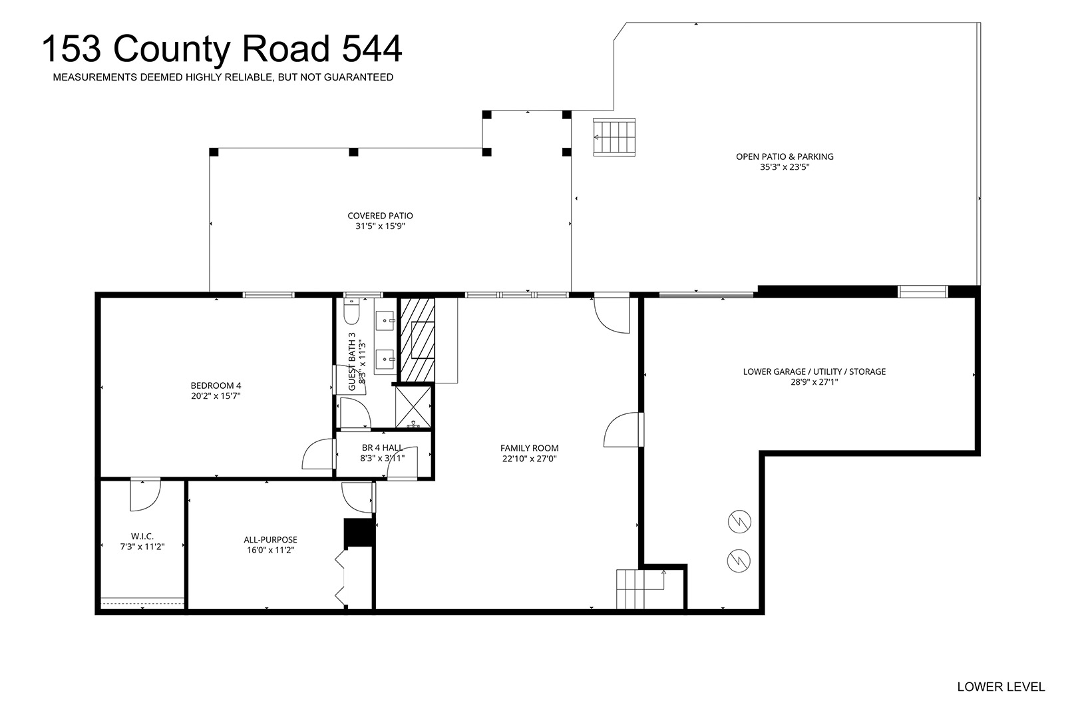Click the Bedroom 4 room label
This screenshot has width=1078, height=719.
click(216, 385)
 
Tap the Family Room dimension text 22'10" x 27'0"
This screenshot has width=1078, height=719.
click(530, 459)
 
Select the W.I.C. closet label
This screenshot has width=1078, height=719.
click(142, 537)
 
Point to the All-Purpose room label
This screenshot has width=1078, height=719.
click(270, 541)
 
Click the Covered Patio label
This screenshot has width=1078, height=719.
click(380, 216)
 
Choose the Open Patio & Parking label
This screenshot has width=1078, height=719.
click(785, 156)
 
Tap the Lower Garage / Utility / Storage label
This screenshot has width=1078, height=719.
click(814, 371)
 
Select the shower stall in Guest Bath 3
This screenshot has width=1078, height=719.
click(413, 407)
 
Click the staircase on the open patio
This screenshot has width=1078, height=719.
click(614, 137)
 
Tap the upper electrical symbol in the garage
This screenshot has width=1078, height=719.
click(739, 521)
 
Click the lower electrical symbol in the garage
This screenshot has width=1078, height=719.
click(739, 561)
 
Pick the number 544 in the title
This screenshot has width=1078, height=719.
click(371, 49)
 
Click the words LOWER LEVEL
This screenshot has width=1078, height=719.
click(1001, 687)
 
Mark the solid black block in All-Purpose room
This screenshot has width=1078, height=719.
click(359, 532)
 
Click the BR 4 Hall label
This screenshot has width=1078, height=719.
click(383, 448)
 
